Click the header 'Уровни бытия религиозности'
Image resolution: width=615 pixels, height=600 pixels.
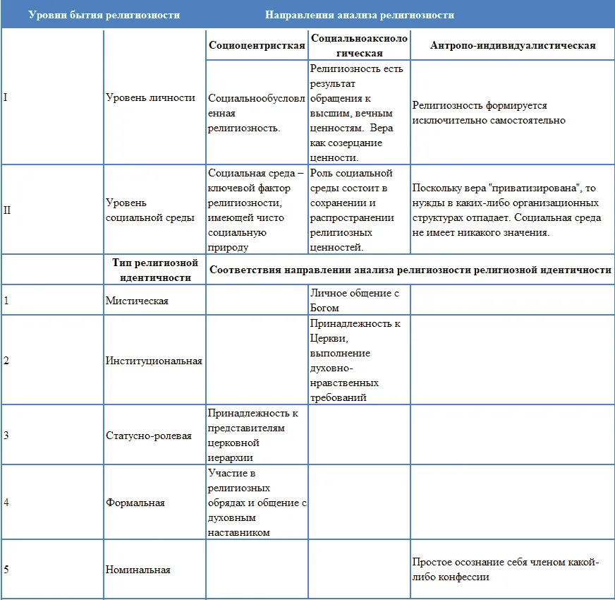tap(104, 15)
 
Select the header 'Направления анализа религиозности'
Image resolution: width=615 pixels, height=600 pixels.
tap(360, 15)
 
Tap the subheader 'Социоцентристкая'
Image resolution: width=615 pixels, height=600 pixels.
tap(257, 45)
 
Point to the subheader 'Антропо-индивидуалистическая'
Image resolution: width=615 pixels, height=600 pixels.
tap(512, 45)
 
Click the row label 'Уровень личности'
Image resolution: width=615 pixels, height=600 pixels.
tap(150, 97)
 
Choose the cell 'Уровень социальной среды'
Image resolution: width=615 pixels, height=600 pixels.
tap(150, 210)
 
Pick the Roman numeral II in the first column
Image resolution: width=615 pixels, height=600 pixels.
tap(7, 210)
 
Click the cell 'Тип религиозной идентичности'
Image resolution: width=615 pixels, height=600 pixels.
tap(154, 270)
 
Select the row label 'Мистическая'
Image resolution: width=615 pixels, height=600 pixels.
tap(137, 301)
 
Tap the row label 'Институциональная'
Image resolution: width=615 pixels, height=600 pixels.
tap(154, 361)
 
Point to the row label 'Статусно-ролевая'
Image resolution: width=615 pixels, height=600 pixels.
tap(149, 436)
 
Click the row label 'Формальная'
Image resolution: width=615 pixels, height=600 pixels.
tap(135, 503)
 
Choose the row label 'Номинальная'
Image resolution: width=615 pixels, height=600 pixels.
tap(138, 570)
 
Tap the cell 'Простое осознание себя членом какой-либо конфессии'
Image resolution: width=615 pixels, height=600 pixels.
tap(505, 570)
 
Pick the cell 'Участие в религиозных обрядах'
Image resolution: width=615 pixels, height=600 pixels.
tap(257, 502)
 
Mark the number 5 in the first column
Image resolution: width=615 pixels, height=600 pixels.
tap(6, 570)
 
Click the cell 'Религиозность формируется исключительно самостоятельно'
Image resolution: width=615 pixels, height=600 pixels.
tap(489, 113)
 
